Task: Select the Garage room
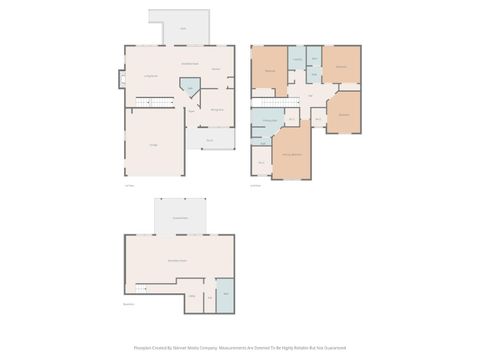click(153, 145)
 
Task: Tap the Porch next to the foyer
click(209, 140)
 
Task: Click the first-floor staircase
click(148, 100)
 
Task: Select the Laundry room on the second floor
click(297, 59)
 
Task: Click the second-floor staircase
click(267, 100)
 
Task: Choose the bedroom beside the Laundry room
click(271, 70)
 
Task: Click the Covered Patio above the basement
click(180, 217)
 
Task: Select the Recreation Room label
click(178, 259)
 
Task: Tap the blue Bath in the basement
click(224, 297)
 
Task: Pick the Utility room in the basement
click(191, 296)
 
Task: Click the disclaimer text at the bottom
click(240, 348)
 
